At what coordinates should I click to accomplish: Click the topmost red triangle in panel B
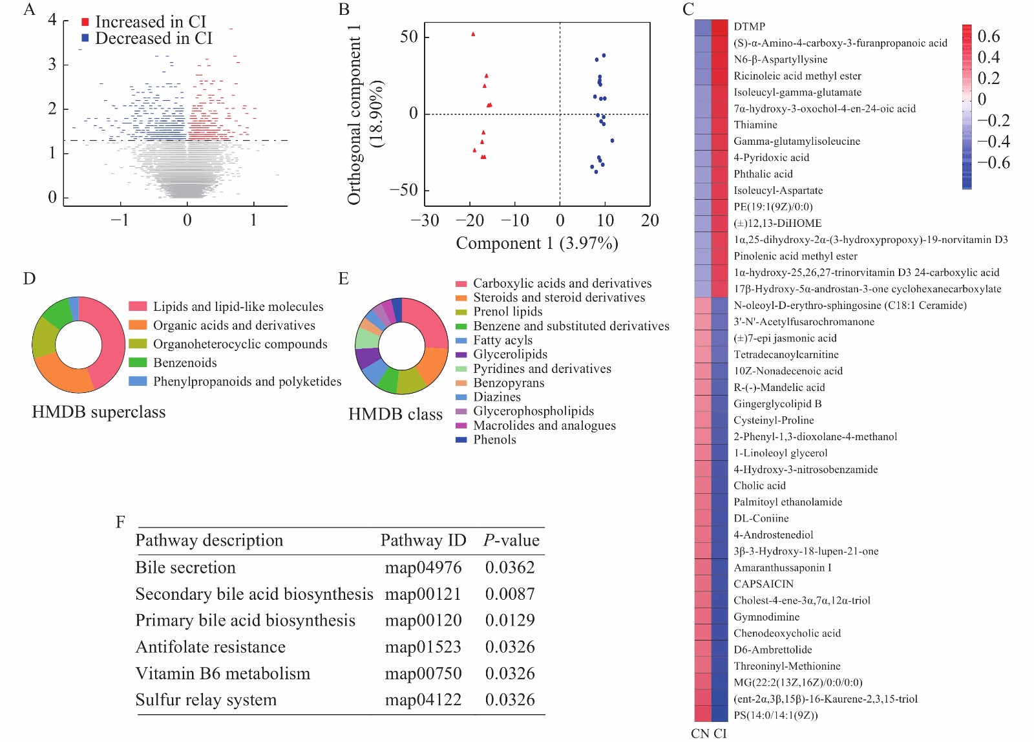tap(473, 34)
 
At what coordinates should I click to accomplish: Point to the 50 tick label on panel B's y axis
tap(409, 37)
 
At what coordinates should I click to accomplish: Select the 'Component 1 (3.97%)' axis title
tap(537, 244)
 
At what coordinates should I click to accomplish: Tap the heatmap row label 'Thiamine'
tap(755, 125)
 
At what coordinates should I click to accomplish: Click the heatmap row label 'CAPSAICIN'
tap(763, 584)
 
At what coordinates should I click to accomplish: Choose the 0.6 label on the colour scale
tap(989, 36)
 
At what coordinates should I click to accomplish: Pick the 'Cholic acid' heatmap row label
tap(759, 486)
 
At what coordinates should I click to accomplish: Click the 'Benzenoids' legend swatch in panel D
tap(138, 363)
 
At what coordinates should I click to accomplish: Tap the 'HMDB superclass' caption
tap(99, 412)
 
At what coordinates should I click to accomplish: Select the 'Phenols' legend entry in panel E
tap(494, 440)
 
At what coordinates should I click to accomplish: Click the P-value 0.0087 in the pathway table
tap(510, 595)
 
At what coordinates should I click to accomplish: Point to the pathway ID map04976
tap(423, 568)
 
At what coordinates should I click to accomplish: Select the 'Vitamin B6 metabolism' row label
tap(223, 674)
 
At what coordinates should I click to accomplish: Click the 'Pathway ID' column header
tap(423, 541)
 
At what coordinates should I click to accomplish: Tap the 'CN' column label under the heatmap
tap(700, 734)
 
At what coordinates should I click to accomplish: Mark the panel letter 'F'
tap(120, 522)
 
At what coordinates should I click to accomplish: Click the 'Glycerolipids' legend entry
tap(510, 355)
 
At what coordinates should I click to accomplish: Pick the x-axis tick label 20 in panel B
tap(649, 221)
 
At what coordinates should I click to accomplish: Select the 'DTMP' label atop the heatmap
tap(749, 26)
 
